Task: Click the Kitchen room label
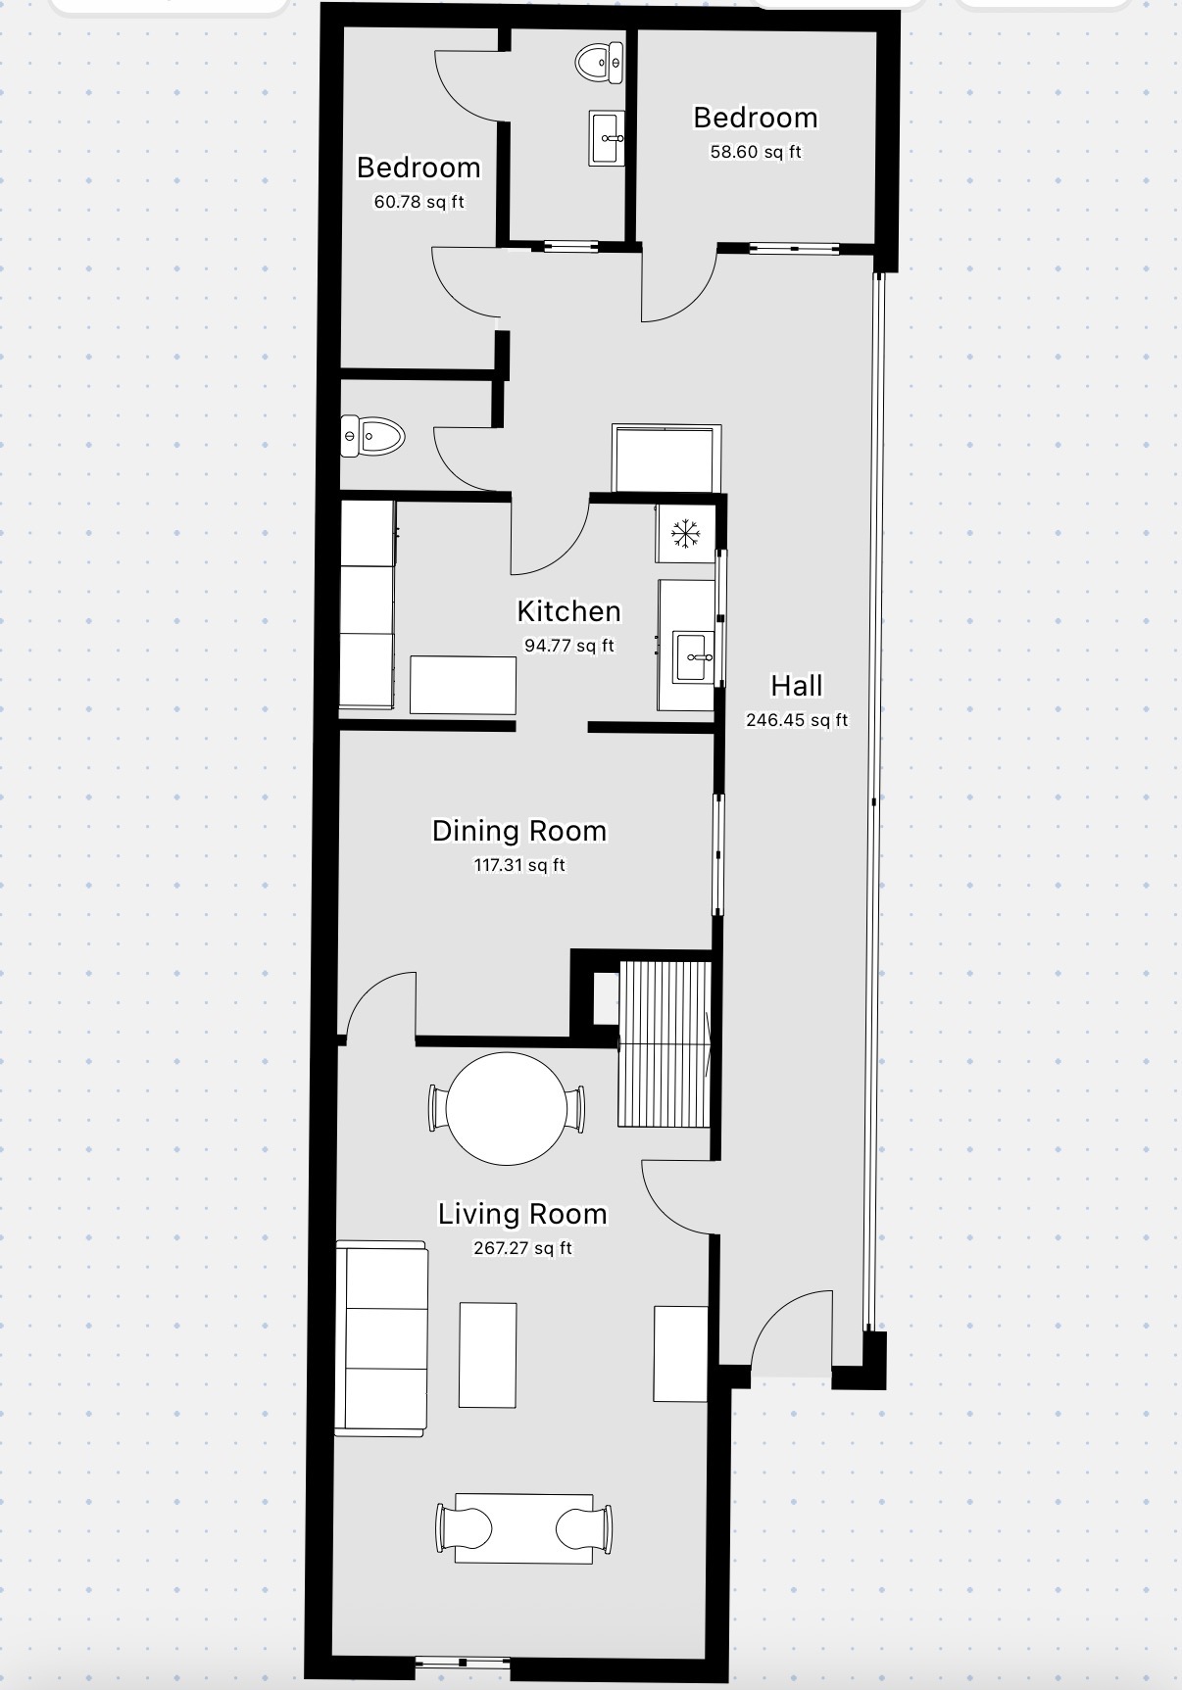(x=568, y=611)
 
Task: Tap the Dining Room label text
(x=518, y=831)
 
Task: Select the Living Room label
(x=522, y=1214)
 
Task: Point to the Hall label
(x=797, y=685)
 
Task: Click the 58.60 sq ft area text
(x=756, y=152)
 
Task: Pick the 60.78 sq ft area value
(x=419, y=202)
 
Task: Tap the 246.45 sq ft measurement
(x=797, y=720)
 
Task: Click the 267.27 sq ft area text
(x=522, y=1248)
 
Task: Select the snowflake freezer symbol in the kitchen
(x=685, y=534)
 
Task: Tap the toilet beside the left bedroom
(x=372, y=436)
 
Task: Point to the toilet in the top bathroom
(x=600, y=63)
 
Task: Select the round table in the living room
(x=507, y=1108)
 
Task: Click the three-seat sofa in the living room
(x=381, y=1338)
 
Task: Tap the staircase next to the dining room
(x=665, y=1043)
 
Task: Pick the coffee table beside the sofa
(x=488, y=1355)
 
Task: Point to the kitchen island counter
(x=463, y=685)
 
